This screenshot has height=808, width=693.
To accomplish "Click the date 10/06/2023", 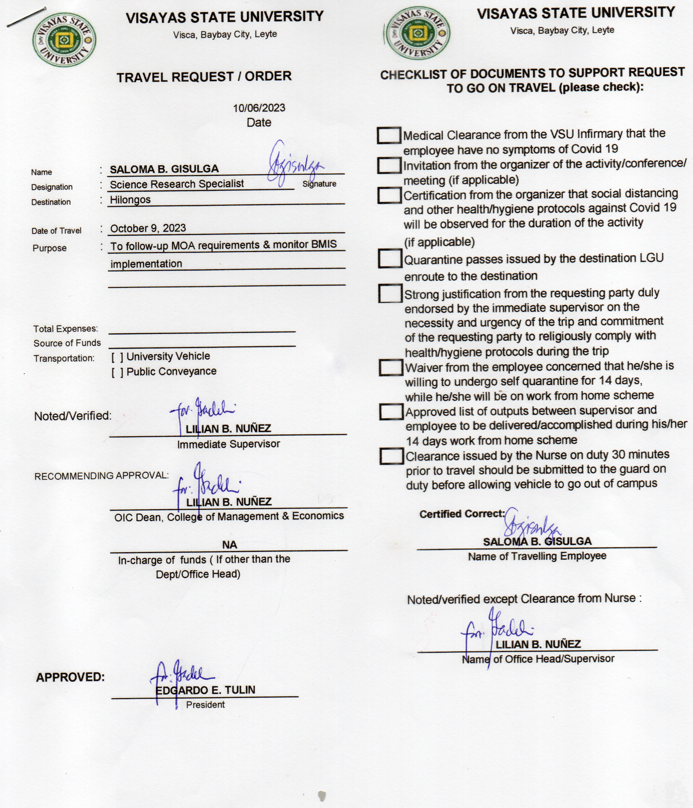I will pos(259,108).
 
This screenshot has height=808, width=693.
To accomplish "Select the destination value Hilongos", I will pos(130,200).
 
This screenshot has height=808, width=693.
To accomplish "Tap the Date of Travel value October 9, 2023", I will pos(148,228).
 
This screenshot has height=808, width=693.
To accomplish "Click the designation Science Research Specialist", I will pos(177,184).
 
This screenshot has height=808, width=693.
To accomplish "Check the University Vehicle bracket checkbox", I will pos(117,357).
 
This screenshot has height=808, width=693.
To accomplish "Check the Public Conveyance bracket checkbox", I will pos(117,372).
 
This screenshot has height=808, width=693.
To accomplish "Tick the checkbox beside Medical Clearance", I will pos(388,135).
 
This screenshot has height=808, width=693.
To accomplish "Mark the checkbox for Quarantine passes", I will pos(390,258).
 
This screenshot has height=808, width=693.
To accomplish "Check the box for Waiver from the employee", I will pos(391,367).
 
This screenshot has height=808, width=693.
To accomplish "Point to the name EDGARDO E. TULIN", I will pos(205,690).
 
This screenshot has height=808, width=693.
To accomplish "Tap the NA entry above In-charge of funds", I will pos(229,544).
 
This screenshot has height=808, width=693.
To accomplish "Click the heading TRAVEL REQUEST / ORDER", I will pos(204,76).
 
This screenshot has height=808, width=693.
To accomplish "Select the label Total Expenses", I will pos(65,329).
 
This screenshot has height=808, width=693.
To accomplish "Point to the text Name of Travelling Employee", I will pos(537,556).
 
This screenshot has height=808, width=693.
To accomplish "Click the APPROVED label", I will pos(71,677).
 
